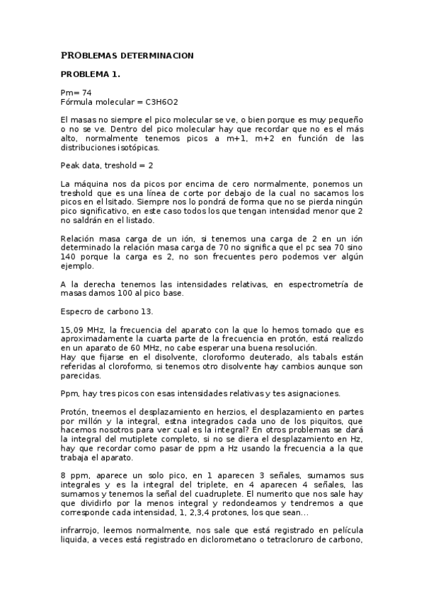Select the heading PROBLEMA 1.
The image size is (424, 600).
tap(91, 74)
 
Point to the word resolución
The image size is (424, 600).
tap(293, 349)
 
